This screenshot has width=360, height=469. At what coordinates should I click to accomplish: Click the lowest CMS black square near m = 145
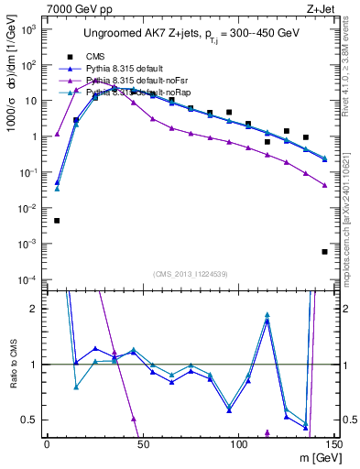click(x=325, y=252)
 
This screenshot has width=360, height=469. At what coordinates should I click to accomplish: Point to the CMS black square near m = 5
click(x=57, y=221)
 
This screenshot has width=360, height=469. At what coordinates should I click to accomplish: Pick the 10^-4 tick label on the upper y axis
click(x=28, y=279)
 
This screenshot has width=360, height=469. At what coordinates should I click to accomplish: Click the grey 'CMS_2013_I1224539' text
click(x=191, y=273)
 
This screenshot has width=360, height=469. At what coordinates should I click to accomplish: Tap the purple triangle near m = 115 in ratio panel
click(x=267, y=432)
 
